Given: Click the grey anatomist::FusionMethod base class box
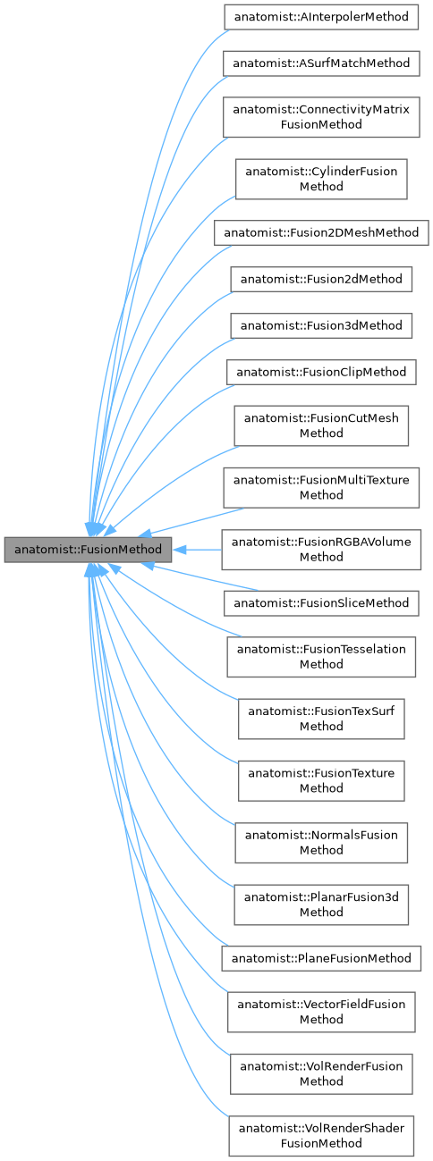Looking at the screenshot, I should [x=87, y=550].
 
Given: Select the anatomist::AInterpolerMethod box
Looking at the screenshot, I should [x=321, y=17].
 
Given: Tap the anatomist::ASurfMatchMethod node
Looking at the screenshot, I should [x=321, y=63].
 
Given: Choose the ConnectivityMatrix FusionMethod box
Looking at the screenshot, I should [x=321, y=117].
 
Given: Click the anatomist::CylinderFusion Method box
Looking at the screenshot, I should [x=321, y=179].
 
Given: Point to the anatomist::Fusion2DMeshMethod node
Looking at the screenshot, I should [x=321, y=232].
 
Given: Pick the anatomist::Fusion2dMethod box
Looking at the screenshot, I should [x=321, y=279].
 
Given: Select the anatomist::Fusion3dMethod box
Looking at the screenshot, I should [x=321, y=325].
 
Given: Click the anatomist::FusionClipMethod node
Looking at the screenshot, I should [x=321, y=372].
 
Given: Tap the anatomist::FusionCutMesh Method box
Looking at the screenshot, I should [x=321, y=425].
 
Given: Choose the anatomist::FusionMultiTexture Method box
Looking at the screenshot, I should [x=321, y=487].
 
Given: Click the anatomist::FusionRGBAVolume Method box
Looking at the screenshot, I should [x=321, y=550].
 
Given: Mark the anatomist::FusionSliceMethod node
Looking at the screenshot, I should [x=321, y=603].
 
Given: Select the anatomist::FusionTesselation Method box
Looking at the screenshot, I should [x=321, y=657].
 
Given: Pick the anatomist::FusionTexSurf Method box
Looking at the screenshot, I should [x=321, y=719].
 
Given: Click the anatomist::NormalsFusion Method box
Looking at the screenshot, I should [x=321, y=842].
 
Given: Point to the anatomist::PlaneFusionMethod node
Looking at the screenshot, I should [x=321, y=958].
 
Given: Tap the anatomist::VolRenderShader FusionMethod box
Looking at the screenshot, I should [x=321, y=1135].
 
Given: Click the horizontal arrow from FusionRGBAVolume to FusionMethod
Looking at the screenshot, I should [x=197, y=550].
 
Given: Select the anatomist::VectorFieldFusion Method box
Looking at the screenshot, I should [x=321, y=1012].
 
